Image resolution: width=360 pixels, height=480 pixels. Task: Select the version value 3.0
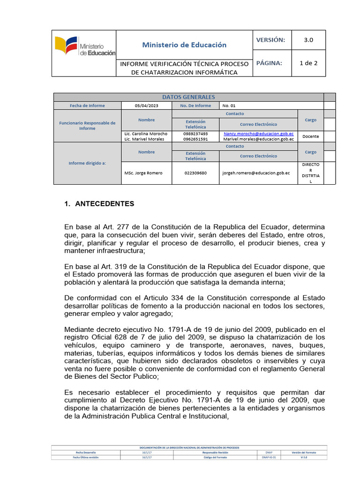point(308,40)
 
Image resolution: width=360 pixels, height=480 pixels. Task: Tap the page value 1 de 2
point(308,63)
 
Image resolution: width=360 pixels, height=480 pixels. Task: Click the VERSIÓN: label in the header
point(270,40)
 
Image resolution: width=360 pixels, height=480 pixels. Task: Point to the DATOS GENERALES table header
point(188,97)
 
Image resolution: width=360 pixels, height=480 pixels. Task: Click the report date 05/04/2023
point(147,105)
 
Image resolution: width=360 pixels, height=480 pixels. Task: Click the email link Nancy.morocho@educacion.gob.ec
point(259,134)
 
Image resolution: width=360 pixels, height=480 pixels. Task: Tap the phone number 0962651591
point(195,139)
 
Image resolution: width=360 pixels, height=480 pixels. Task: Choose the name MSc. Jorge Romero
point(143,173)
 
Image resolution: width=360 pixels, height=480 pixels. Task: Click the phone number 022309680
point(195,173)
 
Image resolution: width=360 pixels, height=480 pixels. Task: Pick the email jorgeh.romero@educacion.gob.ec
point(256,173)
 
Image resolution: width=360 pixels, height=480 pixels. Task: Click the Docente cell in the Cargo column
point(311,136)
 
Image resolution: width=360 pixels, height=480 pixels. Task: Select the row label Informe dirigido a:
point(87,163)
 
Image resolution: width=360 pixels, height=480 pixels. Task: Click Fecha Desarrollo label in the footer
point(86,452)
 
